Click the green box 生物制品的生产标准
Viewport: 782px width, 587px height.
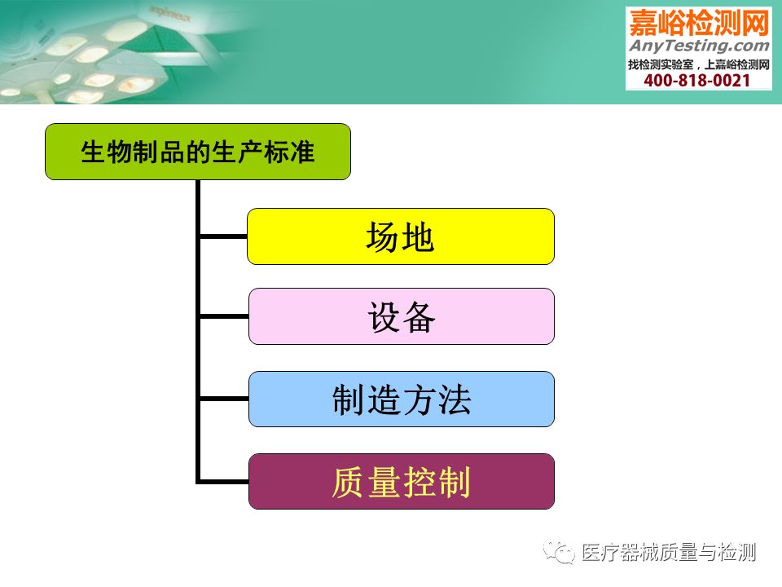coord(198,152)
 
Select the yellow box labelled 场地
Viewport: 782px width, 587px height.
coord(401,236)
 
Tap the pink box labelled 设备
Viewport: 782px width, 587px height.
coord(402,316)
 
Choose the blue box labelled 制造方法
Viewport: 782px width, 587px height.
coord(402,399)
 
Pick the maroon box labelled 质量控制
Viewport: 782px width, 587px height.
coord(402,482)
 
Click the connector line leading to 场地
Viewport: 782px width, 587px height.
coord(223,236)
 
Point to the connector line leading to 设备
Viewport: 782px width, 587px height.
coord(224,316)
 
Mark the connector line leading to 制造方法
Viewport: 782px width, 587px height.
coord(224,399)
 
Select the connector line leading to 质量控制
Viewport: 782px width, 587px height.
coord(224,482)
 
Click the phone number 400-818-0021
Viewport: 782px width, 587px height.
coord(697,81)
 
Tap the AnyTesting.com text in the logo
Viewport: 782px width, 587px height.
coord(699,46)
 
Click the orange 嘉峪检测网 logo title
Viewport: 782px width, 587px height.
coord(699,23)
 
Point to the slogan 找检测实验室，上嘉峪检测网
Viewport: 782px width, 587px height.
coord(699,64)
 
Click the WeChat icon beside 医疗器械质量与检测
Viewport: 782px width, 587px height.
coord(560,552)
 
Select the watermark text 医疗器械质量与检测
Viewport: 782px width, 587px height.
coord(669,553)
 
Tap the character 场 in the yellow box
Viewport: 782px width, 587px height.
coord(382,237)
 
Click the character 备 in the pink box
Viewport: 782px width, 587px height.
coord(419,317)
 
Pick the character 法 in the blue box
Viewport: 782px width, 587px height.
coord(455,399)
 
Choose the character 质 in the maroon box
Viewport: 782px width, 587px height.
coord(349,482)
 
